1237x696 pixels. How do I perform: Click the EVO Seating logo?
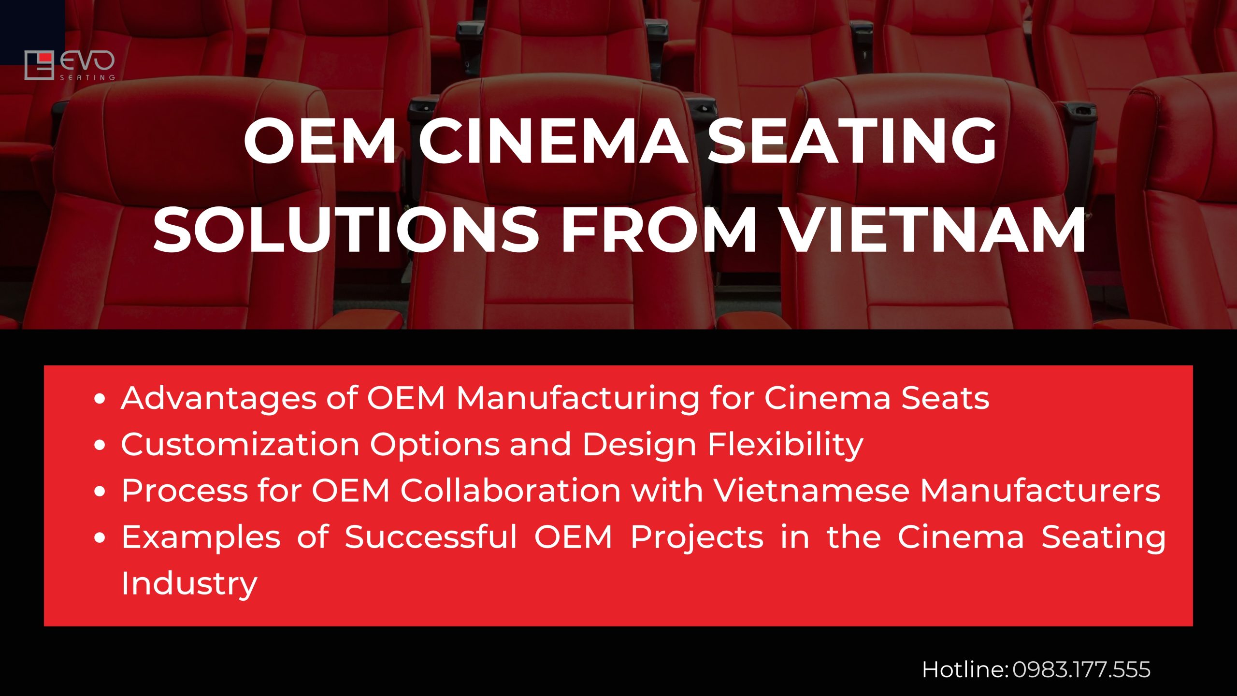click(x=70, y=65)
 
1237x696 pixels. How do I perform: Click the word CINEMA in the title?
click(x=553, y=142)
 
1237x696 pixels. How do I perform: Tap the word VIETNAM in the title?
click(x=933, y=230)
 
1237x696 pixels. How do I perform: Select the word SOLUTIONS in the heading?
click(x=346, y=230)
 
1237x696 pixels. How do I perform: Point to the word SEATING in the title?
click(x=851, y=142)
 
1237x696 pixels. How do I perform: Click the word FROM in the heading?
click(x=659, y=230)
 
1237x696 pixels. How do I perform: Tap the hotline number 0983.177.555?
click(x=1081, y=670)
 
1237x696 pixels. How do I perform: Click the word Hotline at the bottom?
click(x=964, y=670)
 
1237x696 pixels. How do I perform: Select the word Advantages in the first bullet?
click(x=219, y=398)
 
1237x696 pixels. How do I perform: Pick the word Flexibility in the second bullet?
click(x=785, y=444)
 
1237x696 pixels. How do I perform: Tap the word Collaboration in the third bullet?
click(x=510, y=491)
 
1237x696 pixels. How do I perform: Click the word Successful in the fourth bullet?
click(x=431, y=537)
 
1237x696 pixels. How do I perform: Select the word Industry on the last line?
click(x=189, y=583)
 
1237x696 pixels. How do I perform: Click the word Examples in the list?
click(x=201, y=537)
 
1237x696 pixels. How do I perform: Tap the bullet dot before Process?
click(x=100, y=492)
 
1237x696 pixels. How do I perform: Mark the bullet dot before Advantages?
click(x=100, y=399)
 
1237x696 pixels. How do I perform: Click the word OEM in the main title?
click(x=320, y=142)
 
